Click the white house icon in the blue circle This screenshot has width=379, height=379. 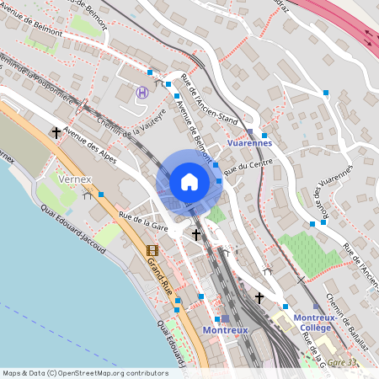click(x=189, y=181)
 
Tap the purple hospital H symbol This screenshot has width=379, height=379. click(x=142, y=92)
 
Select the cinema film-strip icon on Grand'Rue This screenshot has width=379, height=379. click(x=152, y=250)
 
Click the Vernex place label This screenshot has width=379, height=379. click(x=74, y=179)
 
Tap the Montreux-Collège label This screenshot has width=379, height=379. click(x=314, y=323)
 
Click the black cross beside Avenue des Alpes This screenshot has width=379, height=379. click(x=56, y=132)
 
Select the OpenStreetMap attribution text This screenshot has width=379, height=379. click(x=84, y=372)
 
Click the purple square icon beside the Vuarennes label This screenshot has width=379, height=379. click(x=250, y=132)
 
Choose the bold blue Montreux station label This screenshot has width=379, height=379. click(x=225, y=330)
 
